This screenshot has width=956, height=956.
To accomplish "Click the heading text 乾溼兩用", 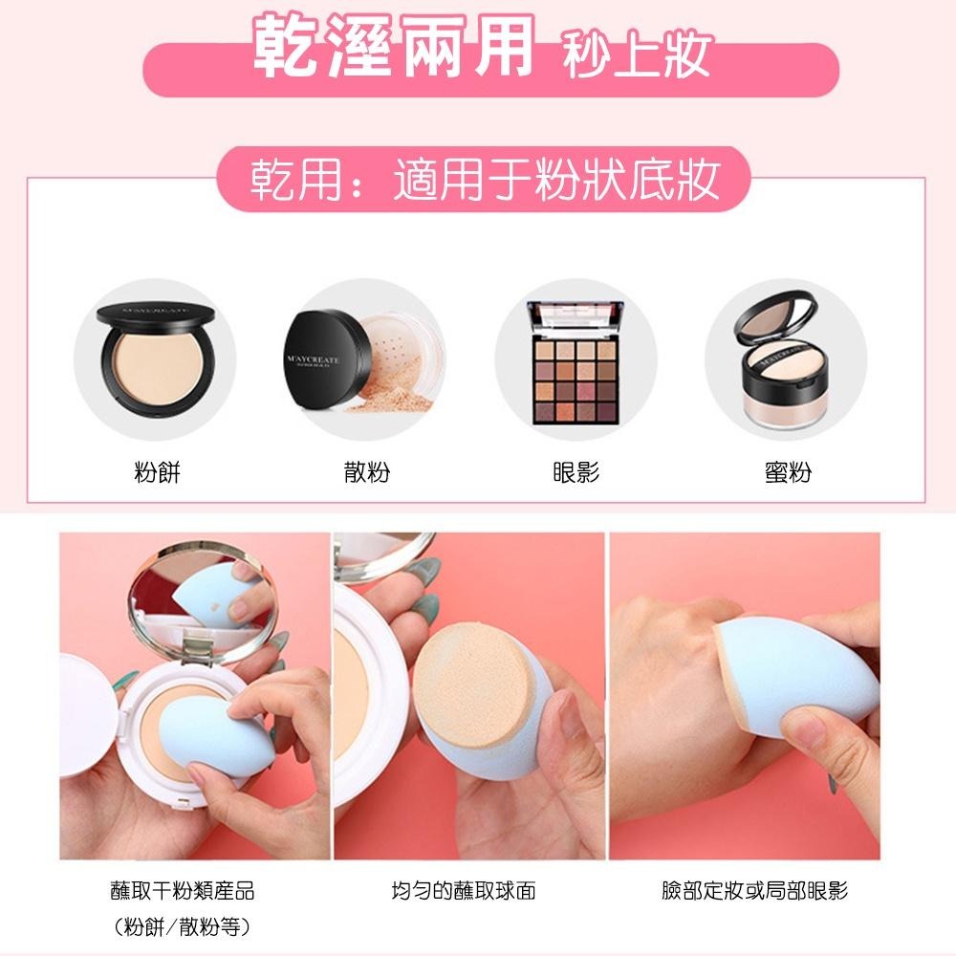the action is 394,47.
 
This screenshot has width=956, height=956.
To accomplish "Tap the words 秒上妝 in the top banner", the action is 636,54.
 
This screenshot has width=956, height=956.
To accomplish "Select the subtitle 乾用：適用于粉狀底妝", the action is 486,180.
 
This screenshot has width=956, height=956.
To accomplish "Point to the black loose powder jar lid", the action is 326,359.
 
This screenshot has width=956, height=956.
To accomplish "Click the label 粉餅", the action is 158,472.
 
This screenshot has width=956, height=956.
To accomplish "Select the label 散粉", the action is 366,472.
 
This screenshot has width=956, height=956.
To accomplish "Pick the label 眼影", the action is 576,472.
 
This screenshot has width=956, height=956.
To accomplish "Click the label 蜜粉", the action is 788,472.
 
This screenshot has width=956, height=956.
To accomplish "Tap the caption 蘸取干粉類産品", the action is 183,891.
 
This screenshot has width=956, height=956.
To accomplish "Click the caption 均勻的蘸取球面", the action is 464,891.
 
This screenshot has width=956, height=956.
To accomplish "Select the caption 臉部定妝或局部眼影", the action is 755,891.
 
